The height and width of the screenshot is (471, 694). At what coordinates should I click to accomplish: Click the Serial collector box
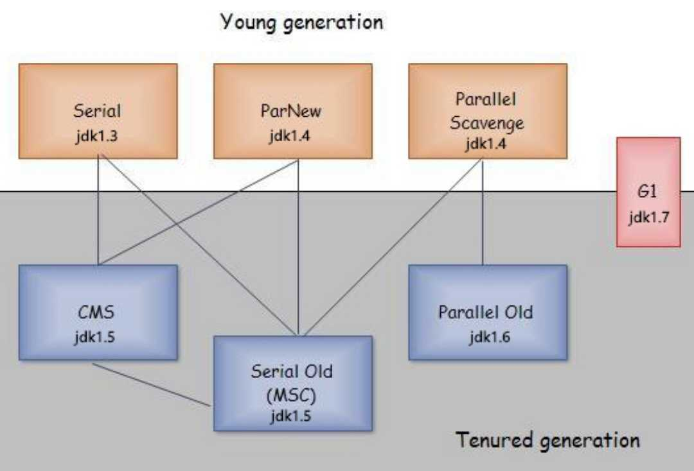click(x=98, y=110)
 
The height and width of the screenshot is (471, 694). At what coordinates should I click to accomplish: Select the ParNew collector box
click(x=292, y=110)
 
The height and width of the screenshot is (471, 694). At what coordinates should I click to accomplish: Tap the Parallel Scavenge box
click(x=487, y=110)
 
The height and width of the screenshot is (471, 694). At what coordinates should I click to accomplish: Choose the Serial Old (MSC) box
click(x=292, y=382)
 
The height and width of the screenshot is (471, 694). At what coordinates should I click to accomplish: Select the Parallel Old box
click(x=487, y=312)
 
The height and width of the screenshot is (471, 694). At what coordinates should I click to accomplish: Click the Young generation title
click(x=301, y=22)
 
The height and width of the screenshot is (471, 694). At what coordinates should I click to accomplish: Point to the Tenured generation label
click(x=547, y=441)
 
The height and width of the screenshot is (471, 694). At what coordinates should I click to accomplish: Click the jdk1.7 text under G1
click(x=648, y=216)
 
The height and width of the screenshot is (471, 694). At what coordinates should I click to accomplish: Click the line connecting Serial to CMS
click(x=98, y=212)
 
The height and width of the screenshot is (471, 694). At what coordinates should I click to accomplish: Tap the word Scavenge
click(x=486, y=122)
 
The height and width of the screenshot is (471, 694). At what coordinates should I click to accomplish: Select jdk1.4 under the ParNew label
click(x=292, y=138)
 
